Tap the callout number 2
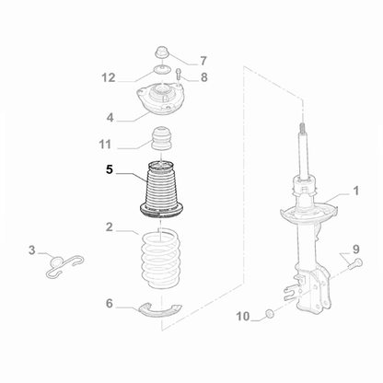109,226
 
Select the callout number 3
31,250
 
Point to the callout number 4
110,117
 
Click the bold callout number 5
110,170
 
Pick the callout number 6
109,303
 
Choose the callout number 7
203,61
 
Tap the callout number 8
203,77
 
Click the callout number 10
242,317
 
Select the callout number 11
107,145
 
